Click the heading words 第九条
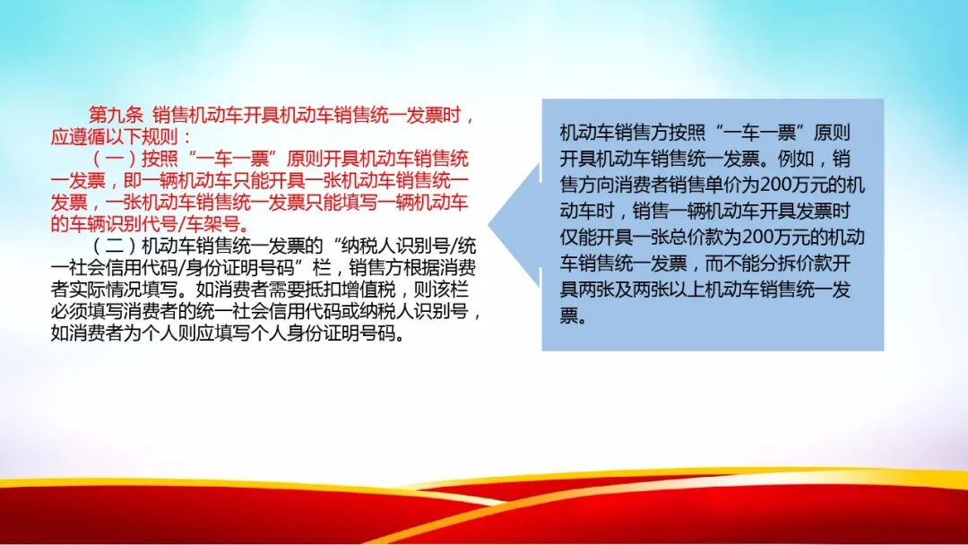coord(116,115)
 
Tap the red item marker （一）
coord(116,159)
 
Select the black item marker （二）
coord(116,246)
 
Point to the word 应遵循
coord(78,136)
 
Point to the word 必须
coord(68,311)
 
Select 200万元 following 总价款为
coord(773,237)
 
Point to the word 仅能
coord(578,237)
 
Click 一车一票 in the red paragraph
coord(232,159)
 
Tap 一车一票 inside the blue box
coord(760,132)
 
